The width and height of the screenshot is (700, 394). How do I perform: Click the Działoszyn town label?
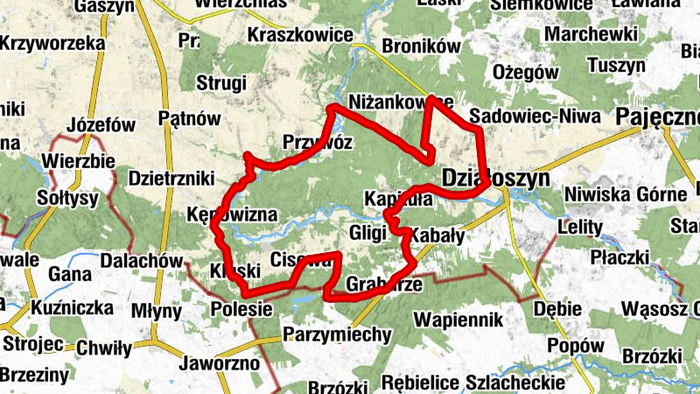(495, 178)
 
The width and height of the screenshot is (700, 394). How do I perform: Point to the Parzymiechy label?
(337, 334)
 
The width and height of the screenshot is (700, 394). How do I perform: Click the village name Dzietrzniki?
(171, 178)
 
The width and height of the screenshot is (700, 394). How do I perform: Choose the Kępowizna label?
(232, 215)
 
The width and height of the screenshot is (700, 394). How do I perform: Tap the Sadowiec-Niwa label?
(535, 116)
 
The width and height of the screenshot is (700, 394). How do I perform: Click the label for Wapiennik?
(459, 319)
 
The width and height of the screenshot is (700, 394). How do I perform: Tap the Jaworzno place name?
(219, 362)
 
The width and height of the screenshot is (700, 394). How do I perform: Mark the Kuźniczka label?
(72, 308)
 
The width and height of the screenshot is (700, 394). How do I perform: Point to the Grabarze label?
(385, 285)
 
